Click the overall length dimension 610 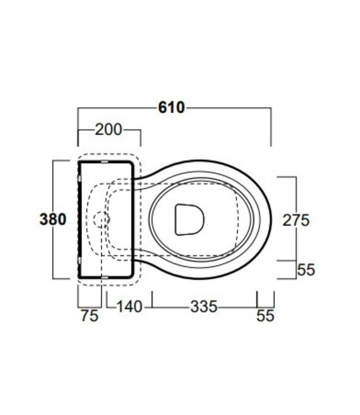click(171, 107)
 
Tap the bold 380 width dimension click(53, 219)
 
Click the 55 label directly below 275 click(306, 269)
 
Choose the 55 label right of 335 click(265, 315)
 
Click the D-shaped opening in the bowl click(189, 219)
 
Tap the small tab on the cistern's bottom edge click(105, 276)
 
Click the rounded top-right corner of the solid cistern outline click(132, 164)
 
